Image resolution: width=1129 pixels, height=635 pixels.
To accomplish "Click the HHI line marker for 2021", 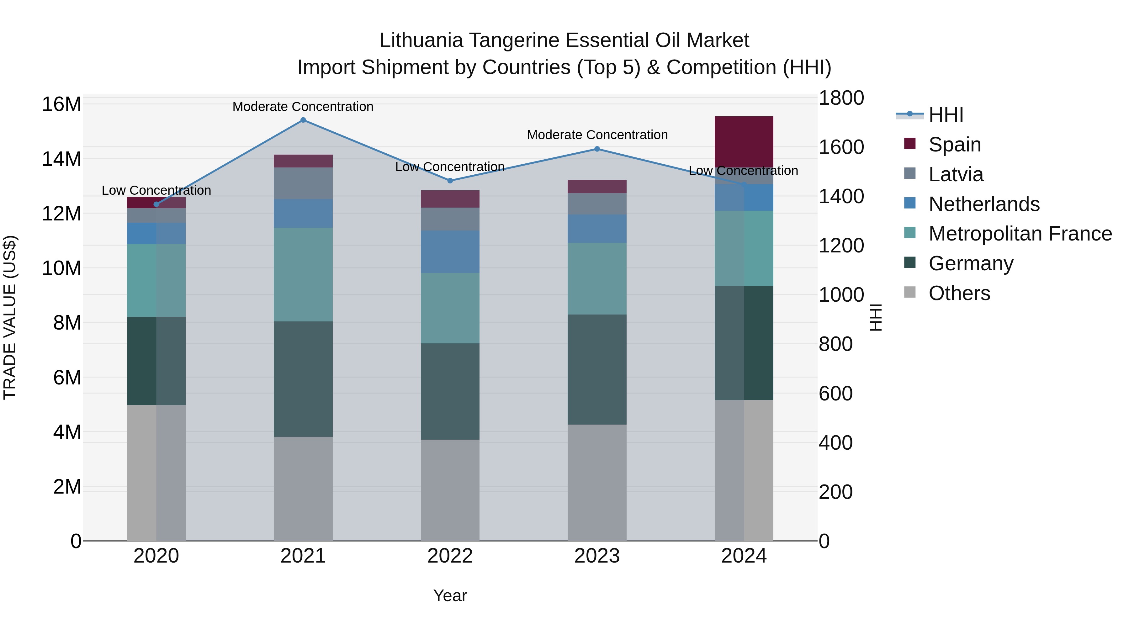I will pyautogui.click(x=303, y=120).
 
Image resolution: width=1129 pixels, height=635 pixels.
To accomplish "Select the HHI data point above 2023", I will pyautogui.click(x=597, y=149).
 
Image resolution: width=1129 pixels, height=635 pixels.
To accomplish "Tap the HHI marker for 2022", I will pyautogui.click(x=450, y=181).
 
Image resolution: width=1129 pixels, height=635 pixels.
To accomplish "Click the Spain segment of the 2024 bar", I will pyautogui.click(x=744, y=141).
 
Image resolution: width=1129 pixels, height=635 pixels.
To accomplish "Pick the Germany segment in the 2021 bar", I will pyautogui.click(x=303, y=379).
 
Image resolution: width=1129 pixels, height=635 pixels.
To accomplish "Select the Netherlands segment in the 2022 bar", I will pyautogui.click(x=450, y=252).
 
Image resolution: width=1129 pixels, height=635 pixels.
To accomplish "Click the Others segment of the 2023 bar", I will pyautogui.click(x=597, y=482).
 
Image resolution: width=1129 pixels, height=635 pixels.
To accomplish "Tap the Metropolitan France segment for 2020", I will pyautogui.click(x=156, y=280).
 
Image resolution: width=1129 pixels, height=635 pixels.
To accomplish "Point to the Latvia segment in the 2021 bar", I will pyautogui.click(x=303, y=183).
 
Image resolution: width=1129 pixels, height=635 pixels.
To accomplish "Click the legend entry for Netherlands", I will pyautogui.click(x=984, y=204).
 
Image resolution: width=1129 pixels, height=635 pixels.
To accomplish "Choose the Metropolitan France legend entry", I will pyautogui.click(x=1020, y=234).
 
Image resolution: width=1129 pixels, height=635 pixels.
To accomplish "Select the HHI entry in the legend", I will pyautogui.click(x=946, y=115).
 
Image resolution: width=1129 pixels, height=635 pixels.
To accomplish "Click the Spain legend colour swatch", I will pyautogui.click(x=910, y=144).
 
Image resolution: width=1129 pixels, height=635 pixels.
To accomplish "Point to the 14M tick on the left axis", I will pyautogui.click(x=61, y=159).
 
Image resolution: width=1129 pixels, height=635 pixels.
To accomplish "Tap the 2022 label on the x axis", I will pyautogui.click(x=450, y=556).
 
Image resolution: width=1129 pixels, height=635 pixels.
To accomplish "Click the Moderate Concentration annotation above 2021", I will pyautogui.click(x=303, y=107).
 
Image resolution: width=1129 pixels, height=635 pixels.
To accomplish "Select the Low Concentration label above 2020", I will pyautogui.click(x=156, y=190).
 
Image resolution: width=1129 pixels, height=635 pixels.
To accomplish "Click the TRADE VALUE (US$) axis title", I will pyautogui.click(x=10, y=317).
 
